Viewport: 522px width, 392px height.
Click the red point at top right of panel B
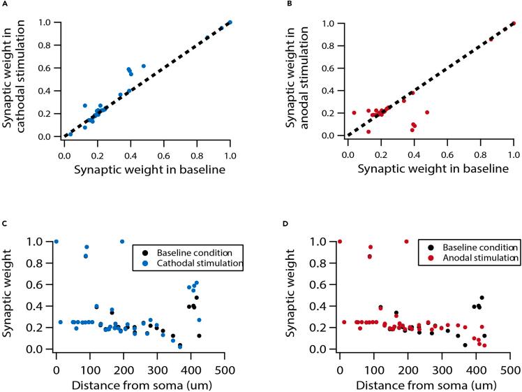click(514, 23)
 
